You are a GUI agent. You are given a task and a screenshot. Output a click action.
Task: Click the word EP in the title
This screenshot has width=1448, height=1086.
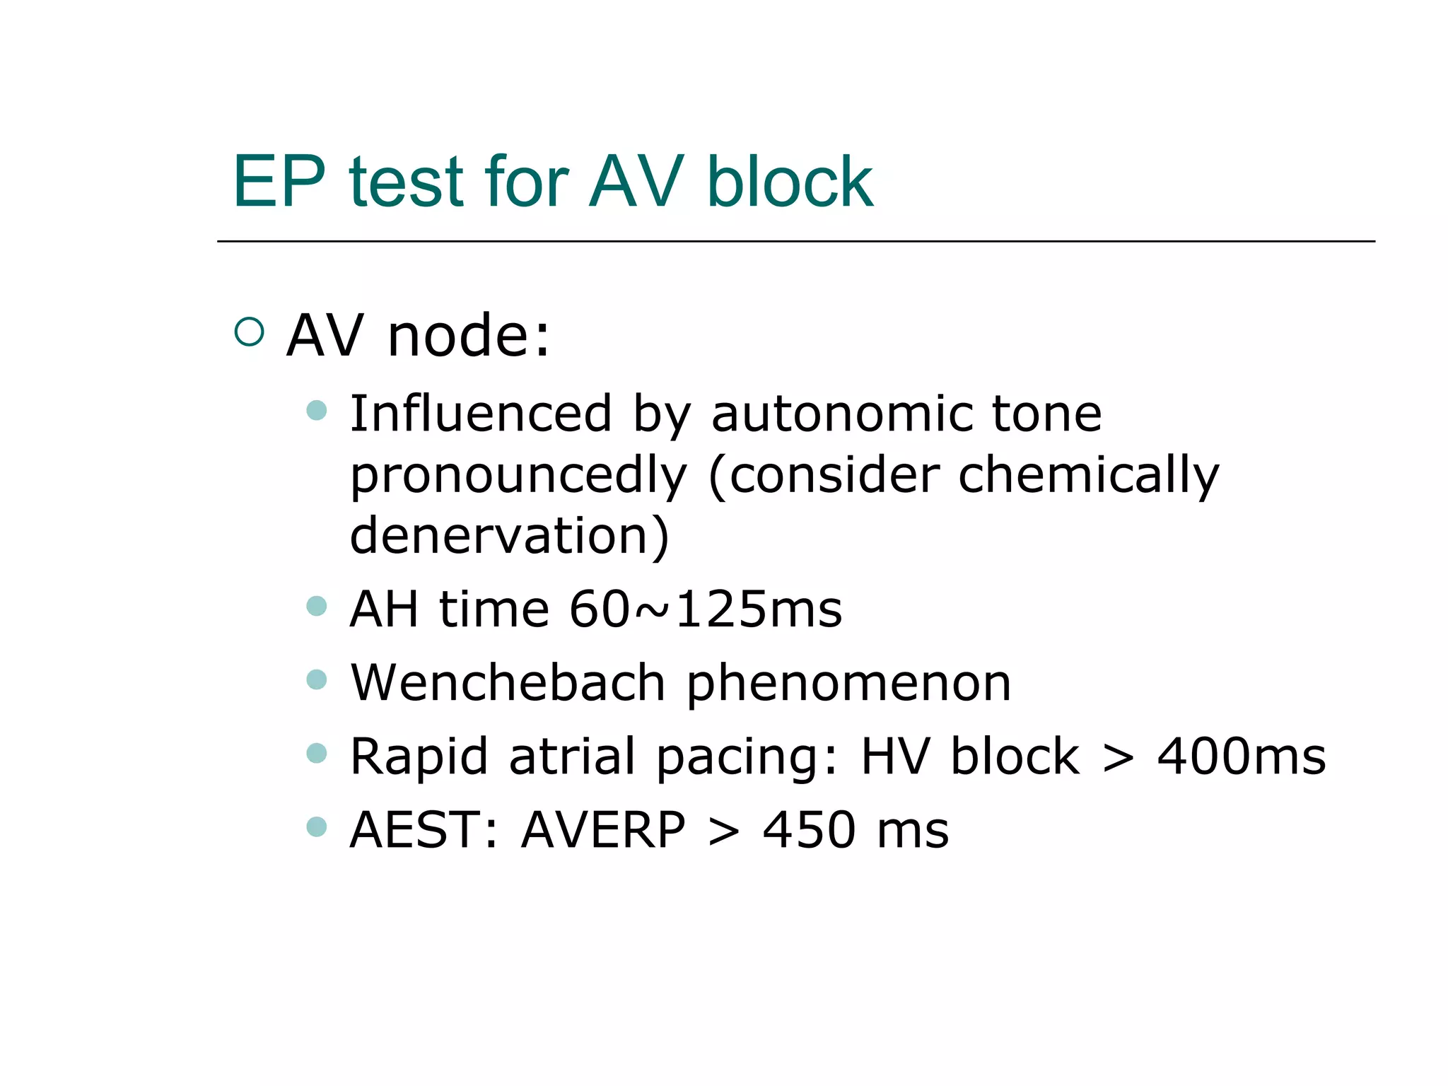[x=279, y=182]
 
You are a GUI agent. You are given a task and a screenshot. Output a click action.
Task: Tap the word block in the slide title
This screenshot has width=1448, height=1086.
[x=790, y=182]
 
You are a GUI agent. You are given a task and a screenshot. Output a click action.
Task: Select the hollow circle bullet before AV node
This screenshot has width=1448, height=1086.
[x=249, y=332]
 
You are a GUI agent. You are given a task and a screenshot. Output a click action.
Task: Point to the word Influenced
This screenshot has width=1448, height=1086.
[x=481, y=414]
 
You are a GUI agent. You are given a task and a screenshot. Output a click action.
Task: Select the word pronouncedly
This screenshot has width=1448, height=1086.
[x=518, y=477]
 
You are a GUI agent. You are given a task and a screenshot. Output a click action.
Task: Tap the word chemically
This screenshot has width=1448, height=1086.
[x=1089, y=477]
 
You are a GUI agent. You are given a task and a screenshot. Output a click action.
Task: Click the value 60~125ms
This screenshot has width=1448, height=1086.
[x=706, y=609]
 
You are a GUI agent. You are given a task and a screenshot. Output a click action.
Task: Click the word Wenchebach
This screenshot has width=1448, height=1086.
[x=508, y=683]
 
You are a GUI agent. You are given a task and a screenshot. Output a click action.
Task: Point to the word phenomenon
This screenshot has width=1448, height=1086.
[x=848, y=684]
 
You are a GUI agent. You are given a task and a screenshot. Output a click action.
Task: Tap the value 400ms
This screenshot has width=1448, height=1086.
[x=1241, y=757]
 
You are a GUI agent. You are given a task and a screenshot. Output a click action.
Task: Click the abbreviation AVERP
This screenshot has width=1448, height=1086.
[x=603, y=830]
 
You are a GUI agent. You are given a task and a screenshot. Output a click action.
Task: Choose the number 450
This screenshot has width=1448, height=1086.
[x=809, y=830]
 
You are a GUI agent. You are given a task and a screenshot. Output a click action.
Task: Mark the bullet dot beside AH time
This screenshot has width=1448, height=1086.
[x=317, y=606]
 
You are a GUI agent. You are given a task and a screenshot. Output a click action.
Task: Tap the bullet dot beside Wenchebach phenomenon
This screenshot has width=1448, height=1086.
[x=317, y=679]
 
